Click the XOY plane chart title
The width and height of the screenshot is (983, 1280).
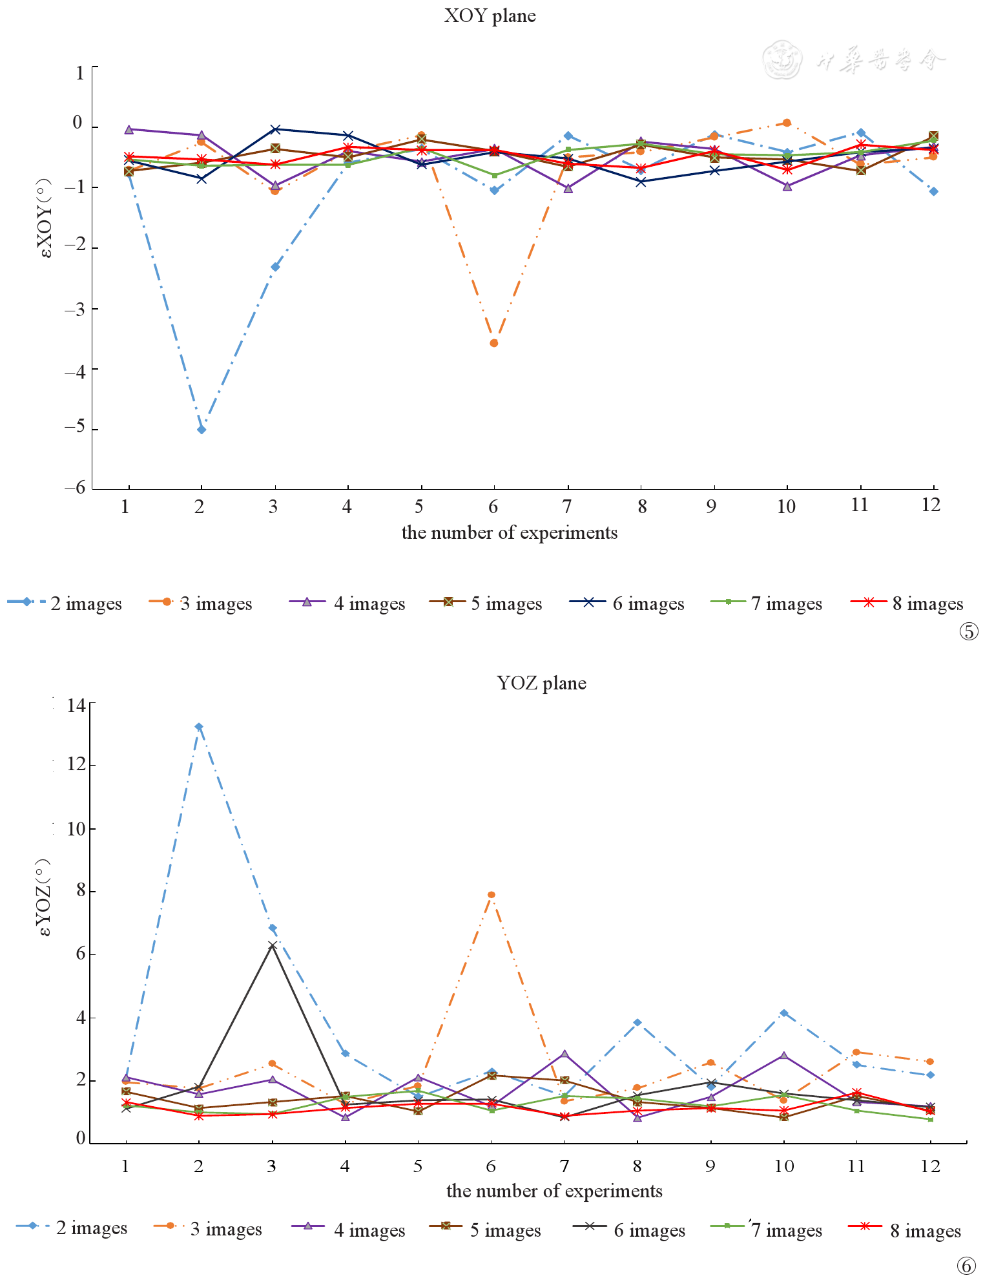pos(490,16)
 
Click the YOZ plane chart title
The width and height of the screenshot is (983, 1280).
pos(541,683)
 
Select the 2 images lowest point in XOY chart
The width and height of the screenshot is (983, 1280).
pos(202,430)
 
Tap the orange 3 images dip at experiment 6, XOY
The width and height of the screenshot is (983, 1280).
pos(494,343)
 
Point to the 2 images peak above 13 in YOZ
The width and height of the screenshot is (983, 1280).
pos(199,727)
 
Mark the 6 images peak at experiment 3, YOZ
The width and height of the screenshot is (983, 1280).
pos(273,945)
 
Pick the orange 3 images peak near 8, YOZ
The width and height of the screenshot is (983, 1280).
pos(492,895)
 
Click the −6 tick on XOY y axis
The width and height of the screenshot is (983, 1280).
pos(76,488)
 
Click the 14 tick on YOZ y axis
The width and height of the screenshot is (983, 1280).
pos(76,705)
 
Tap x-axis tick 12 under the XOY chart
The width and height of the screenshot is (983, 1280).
pos(931,505)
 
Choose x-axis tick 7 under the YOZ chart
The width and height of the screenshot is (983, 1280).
pos(564,1166)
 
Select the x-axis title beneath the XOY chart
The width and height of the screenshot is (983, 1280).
pos(509,533)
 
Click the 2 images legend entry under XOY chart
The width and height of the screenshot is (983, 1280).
pos(65,603)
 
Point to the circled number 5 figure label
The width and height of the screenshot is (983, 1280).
pos(969,631)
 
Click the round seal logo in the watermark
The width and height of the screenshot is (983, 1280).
pos(781,60)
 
